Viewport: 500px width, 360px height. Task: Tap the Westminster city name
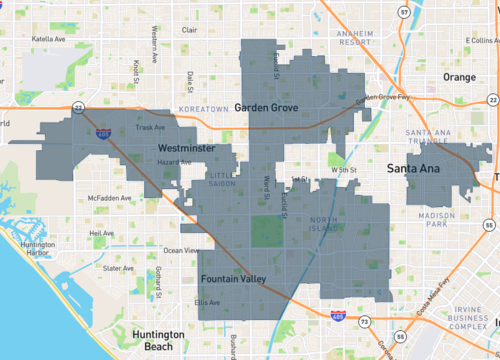[x=189, y=147]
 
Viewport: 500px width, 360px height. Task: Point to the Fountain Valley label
[x=232, y=279]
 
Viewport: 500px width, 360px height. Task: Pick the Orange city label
[x=460, y=77]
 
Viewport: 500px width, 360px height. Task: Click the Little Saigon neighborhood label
[x=223, y=181]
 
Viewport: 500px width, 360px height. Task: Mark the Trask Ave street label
[x=149, y=127]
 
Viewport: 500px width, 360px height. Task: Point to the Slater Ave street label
[x=118, y=268]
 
